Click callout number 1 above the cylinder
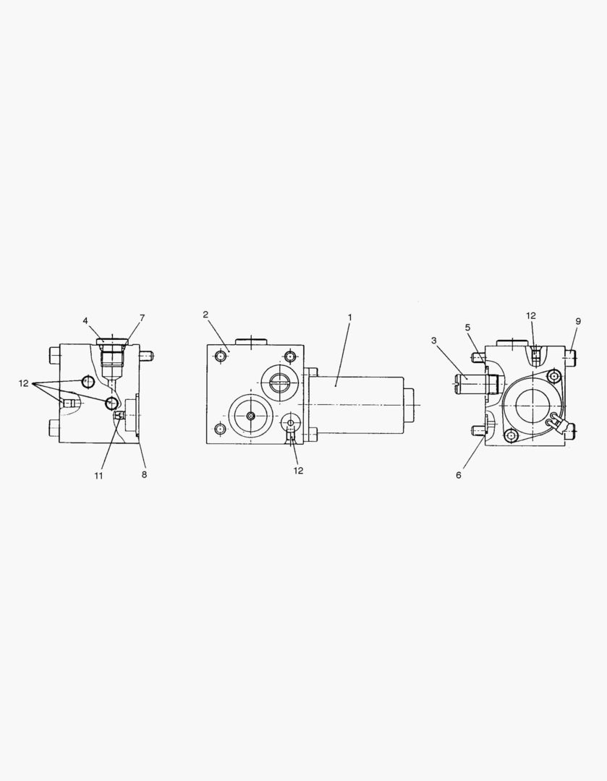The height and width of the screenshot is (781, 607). click(x=350, y=317)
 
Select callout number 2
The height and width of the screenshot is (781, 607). click(x=205, y=315)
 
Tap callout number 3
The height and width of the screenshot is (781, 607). click(x=434, y=340)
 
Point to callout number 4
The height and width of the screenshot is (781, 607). click(x=85, y=320)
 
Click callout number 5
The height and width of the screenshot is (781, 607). click(x=467, y=328)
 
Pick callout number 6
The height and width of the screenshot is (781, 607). click(x=459, y=475)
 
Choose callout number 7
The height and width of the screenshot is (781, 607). click(x=142, y=317)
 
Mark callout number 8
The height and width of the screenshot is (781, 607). click(x=144, y=474)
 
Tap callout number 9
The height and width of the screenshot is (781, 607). click(x=578, y=321)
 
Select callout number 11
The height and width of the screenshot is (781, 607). click(x=98, y=476)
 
